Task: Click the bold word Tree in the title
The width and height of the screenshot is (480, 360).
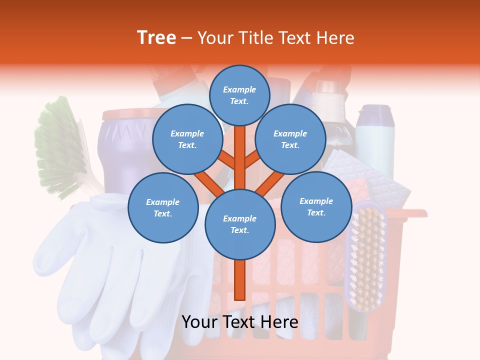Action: click(156, 37)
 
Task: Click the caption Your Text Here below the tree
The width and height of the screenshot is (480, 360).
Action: click(240, 322)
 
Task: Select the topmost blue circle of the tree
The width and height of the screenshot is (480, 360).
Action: click(239, 95)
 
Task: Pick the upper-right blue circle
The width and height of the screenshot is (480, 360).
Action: click(290, 139)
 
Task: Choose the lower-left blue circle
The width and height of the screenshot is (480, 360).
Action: click(163, 207)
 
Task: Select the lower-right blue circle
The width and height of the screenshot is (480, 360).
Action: click(316, 206)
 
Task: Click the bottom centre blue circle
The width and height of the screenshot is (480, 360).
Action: click(240, 224)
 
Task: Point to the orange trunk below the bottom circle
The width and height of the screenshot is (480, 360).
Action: click(240, 280)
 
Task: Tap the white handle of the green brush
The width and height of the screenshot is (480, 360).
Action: click(92, 185)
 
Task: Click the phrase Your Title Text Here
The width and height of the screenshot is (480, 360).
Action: click(276, 37)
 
